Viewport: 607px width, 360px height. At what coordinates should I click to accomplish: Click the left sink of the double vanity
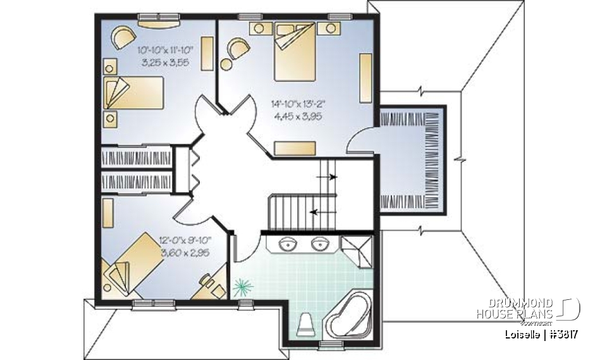point(289,242)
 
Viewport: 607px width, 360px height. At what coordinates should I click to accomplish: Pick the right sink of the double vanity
point(318,242)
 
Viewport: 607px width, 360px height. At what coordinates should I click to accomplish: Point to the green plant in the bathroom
point(241,289)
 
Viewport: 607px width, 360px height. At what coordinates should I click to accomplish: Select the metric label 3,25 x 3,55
point(162,63)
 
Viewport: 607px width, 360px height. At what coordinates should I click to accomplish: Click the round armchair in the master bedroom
point(238,49)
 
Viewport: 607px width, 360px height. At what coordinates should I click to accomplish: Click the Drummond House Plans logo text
point(515,309)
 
